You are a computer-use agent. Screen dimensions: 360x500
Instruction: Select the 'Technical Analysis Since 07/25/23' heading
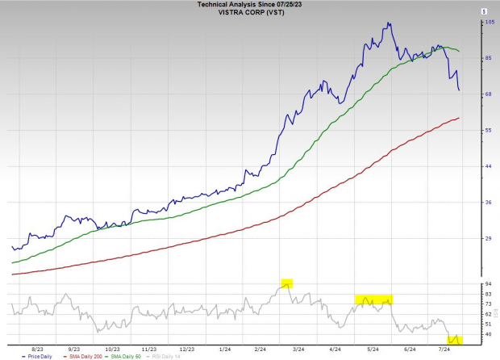click(x=250, y=4)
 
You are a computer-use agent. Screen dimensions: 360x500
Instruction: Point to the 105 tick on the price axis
click(x=489, y=23)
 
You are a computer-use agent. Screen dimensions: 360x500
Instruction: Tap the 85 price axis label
click(x=488, y=58)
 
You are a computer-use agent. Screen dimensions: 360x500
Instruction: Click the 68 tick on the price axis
click(x=488, y=94)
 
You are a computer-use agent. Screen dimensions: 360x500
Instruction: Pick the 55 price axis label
click(x=488, y=130)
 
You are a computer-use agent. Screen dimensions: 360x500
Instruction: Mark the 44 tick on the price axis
click(x=488, y=166)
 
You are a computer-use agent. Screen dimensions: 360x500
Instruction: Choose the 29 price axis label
click(x=488, y=238)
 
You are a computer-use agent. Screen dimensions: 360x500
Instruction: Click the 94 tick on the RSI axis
click(x=488, y=284)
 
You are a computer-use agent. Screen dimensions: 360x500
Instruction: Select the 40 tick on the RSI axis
click(x=488, y=334)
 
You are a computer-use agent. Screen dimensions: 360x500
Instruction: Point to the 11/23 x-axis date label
click(x=149, y=349)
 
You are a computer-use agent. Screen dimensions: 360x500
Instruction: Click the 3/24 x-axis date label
click(x=298, y=349)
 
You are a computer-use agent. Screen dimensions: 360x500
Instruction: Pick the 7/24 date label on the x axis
click(x=444, y=349)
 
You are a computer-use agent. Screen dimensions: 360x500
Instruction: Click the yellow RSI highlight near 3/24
click(x=287, y=283)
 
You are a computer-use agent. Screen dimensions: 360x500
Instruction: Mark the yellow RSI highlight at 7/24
click(x=455, y=339)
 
